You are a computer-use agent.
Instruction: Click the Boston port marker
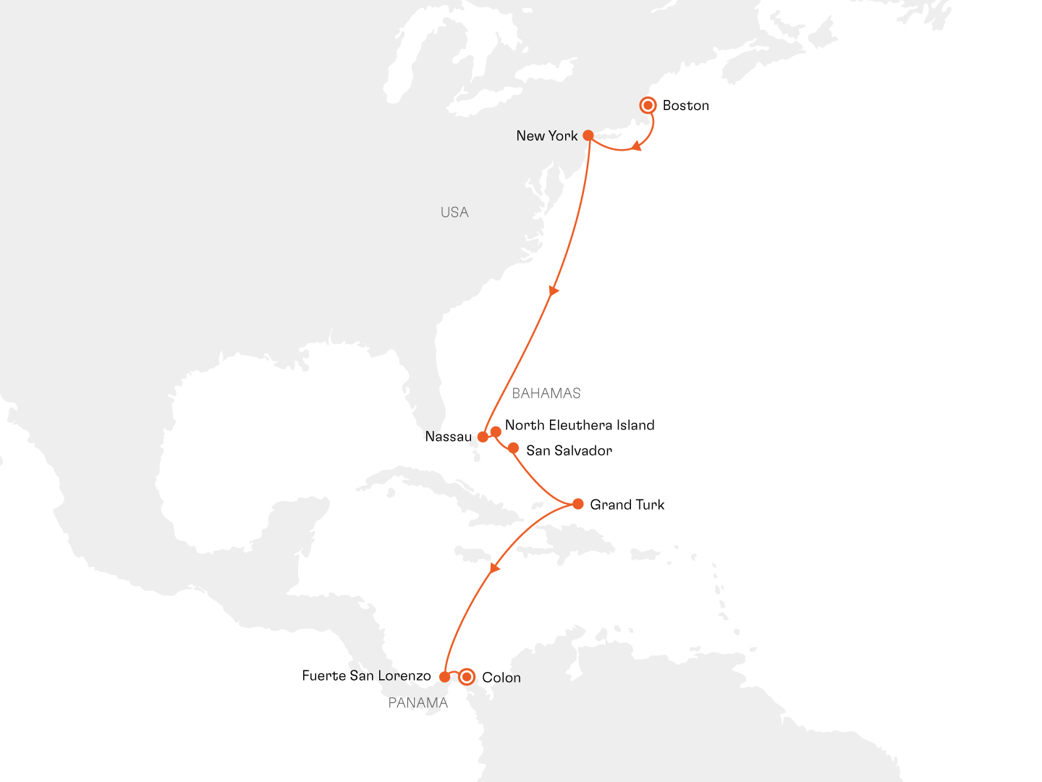[x=648, y=105]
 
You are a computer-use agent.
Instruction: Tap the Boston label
[x=685, y=106]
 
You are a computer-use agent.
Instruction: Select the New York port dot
[x=588, y=135]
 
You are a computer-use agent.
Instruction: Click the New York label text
[x=546, y=136]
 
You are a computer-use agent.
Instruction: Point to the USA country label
[x=454, y=212]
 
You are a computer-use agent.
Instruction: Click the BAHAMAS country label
[x=546, y=393]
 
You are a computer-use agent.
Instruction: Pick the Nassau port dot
[x=483, y=437]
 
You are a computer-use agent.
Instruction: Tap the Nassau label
[x=448, y=437]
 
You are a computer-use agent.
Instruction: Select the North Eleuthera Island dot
[x=496, y=432]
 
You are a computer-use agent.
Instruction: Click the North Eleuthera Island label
[x=580, y=425]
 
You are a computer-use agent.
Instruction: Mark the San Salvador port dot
[x=513, y=448]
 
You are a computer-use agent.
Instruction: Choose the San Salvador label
[x=569, y=450]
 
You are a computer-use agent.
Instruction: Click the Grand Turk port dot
[x=577, y=504]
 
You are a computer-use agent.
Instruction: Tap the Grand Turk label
[x=627, y=505]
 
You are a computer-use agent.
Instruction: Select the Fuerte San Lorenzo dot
[x=444, y=677]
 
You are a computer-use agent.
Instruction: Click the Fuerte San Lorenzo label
[x=366, y=676]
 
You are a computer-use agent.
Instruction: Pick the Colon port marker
[x=467, y=677]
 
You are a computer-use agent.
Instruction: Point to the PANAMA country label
[x=418, y=702]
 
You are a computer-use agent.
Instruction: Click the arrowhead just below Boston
[x=635, y=147]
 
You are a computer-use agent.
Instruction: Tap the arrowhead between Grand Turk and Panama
[x=494, y=568]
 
